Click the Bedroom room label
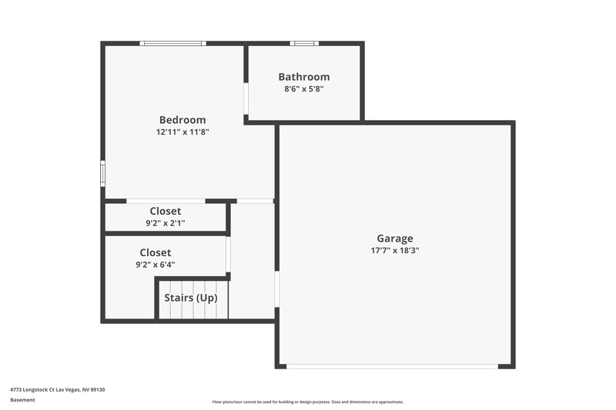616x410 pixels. point(182,120)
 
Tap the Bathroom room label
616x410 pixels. point(304,77)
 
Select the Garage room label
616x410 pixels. point(395,238)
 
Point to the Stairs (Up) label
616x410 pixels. point(191,298)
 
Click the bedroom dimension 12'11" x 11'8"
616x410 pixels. point(182,132)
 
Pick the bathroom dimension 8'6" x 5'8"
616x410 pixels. point(304,89)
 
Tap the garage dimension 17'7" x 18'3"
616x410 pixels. point(395,251)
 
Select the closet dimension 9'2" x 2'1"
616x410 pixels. point(166,224)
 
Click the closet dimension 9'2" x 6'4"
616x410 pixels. point(156,265)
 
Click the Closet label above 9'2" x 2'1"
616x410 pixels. point(166,212)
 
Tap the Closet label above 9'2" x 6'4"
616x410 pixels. point(156,252)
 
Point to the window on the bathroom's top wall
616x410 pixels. point(304,43)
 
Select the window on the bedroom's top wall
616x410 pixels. point(173,43)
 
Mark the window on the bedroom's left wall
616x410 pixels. point(102,173)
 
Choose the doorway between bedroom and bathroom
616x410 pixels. point(246,99)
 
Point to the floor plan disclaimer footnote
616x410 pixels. point(308,402)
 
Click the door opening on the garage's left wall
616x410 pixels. point(276,288)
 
